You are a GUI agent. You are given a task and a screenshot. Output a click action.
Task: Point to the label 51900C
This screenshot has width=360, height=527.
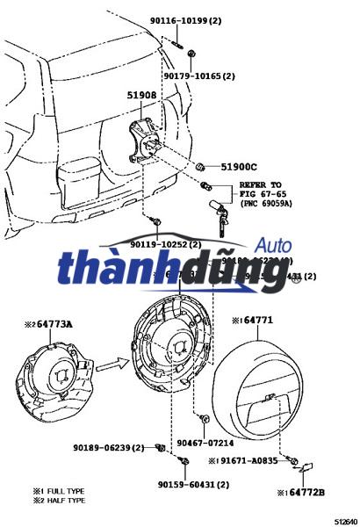click(x=238, y=167)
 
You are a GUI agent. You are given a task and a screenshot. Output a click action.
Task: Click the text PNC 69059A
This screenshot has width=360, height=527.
click(x=266, y=204)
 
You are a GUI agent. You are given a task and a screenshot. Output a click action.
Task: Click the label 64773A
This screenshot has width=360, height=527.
click(x=54, y=324)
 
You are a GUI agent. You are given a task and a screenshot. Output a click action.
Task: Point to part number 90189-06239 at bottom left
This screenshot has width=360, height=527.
click(x=109, y=448)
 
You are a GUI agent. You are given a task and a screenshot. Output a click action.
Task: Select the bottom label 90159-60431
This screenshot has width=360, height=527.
click(x=193, y=484)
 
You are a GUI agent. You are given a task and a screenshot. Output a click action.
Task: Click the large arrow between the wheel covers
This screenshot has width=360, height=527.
click(x=107, y=359)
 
